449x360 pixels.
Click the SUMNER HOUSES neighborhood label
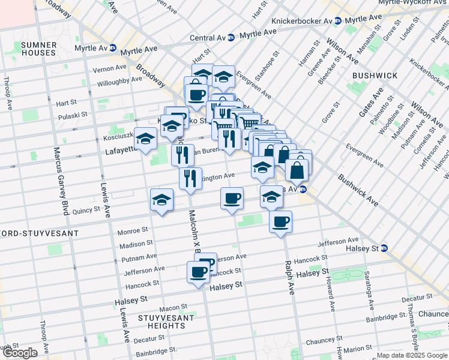(38, 49)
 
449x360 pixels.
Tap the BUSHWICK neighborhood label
(375, 76)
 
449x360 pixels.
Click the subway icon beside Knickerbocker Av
(337, 20)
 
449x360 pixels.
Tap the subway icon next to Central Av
(231, 37)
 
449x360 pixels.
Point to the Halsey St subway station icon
(384, 248)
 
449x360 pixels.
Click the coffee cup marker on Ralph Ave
(280, 223)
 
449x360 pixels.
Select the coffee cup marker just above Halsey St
(197, 273)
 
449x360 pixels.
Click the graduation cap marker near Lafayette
(145, 140)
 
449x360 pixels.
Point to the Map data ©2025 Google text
(412, 355)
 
